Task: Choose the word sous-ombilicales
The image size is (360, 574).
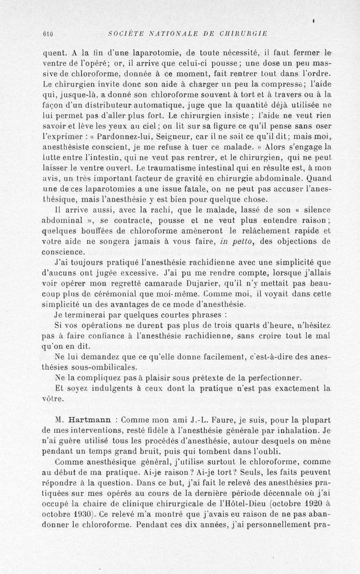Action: click(x=96, y=366)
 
